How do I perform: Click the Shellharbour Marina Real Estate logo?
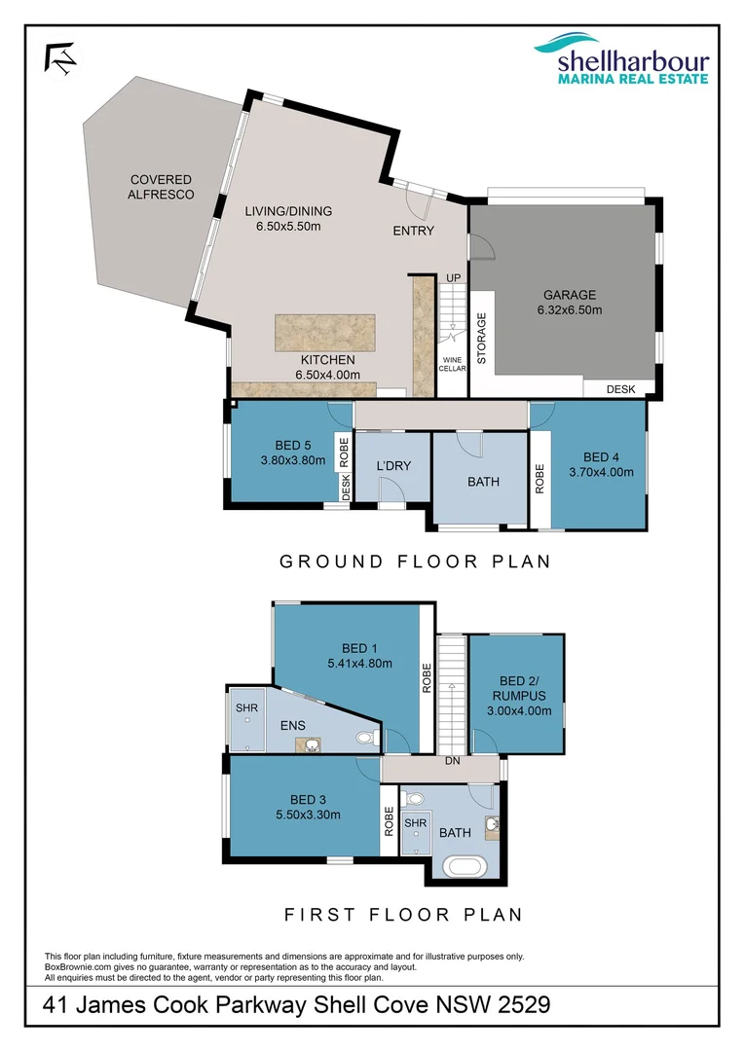(x=619, y=60)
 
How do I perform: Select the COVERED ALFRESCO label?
(x=161, y=187)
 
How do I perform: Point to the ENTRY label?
(x=413, y=231)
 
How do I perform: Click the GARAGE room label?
(x=570, y=295)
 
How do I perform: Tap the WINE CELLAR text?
(x=454, y=364)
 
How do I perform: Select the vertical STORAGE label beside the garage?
(x=482, y=336)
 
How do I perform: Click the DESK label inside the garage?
(x=620, y=389)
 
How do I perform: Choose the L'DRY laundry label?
(x=393, y=466)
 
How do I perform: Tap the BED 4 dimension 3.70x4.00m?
(x=601, y=473)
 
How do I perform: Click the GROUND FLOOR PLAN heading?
(x=415, y=562)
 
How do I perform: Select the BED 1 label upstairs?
(x=354, y=649)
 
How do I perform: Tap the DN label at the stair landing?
(x=452, y=761)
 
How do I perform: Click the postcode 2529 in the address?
(x=524, y=1004)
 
